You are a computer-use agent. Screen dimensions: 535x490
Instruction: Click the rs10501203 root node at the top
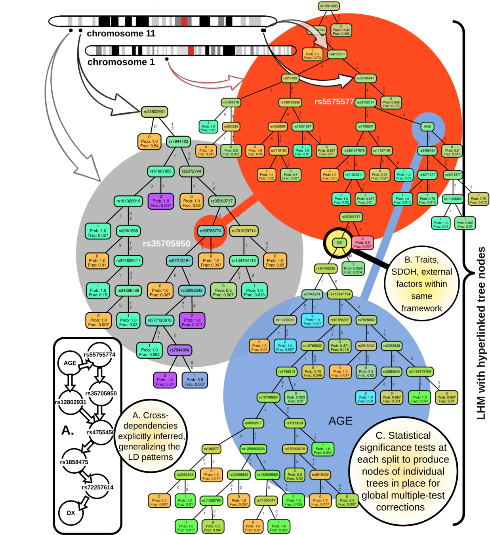click(329, 6)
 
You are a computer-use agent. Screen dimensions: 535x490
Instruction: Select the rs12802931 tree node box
click(154, 112)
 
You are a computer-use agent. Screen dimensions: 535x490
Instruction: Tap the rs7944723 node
click(179, 141)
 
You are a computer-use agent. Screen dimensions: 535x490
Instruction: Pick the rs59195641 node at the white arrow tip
click(365, 78)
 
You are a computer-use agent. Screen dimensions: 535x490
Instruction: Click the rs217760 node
click(290, 78)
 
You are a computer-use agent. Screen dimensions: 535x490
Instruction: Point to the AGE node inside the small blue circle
click(427, 127)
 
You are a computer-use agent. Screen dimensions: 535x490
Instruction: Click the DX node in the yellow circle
click(339, 243)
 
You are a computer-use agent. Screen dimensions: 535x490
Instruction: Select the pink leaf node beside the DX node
click(362, 243)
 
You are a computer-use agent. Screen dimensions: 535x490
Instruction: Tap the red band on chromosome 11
click(184, 21)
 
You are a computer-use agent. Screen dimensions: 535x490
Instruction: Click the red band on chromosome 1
click(191, 50)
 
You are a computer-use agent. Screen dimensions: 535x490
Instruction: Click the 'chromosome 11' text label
click(121, 34)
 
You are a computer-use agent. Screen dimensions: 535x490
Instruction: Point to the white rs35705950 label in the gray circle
click(166, 244)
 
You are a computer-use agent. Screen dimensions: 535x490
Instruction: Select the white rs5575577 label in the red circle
click(334, 102)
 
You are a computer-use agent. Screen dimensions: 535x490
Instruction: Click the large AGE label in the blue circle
click(340, 421)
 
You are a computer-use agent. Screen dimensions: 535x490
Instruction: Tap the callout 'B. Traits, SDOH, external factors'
click(421, 284)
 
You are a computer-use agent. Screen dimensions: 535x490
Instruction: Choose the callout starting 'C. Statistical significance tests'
click(403, 471)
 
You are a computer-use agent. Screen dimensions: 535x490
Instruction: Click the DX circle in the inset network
click(71, 513)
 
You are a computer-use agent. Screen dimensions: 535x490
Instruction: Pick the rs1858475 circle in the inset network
click(74, 462)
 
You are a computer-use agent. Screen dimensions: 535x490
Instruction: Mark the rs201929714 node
click(244, 231)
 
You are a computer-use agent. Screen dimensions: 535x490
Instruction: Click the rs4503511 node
click(253, 423)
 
